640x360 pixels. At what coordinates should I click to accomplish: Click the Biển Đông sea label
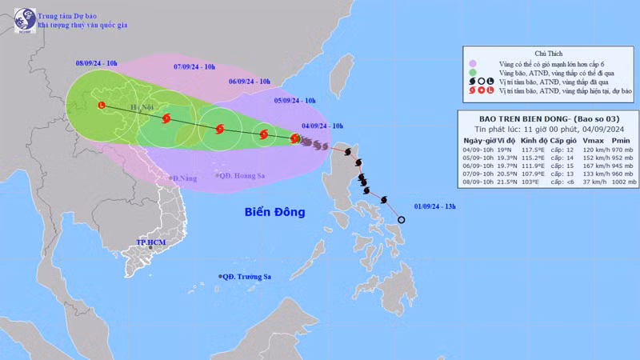tap(275, 212)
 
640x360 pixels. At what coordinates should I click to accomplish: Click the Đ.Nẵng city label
tap(184, 178)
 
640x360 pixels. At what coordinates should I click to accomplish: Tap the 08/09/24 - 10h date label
tap(97, 62)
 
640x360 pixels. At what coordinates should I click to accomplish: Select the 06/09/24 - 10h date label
tap(250, 81)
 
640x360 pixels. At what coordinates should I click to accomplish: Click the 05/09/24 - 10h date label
tap(295, 101)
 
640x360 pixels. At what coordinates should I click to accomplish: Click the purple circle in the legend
tap(474, 62)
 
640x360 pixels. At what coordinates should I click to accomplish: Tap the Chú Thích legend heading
tap(550, 52)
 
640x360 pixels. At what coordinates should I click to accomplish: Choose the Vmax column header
tap(582, 141)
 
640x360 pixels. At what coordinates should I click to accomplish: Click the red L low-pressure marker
tap(101, 105)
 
